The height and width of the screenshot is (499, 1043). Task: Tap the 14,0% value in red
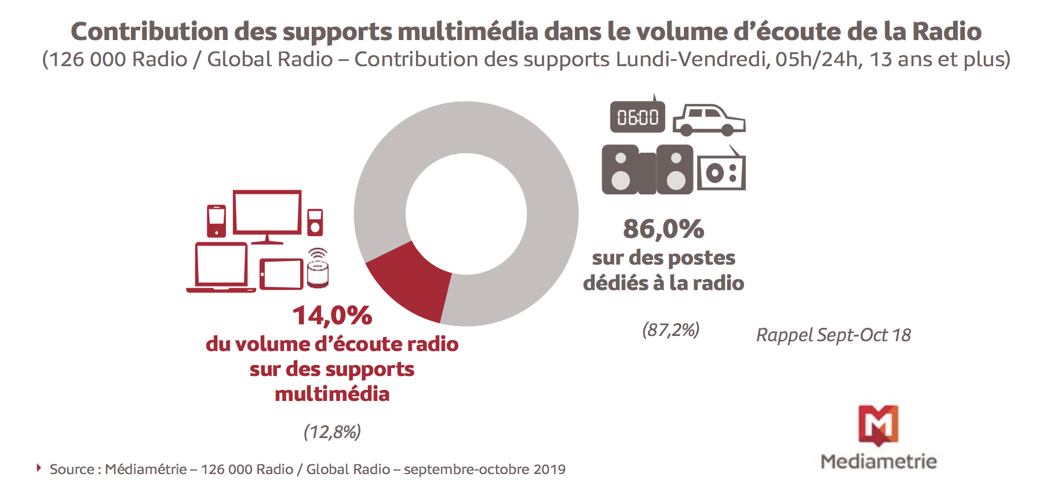point(332,316)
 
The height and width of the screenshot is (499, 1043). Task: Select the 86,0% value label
point(663,229)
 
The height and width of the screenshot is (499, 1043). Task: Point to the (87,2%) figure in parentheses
point(670,330)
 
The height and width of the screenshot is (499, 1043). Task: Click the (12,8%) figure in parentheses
point(332,432)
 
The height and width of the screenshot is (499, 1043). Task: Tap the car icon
point(709,119)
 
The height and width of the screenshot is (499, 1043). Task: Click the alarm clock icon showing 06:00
point(637,117)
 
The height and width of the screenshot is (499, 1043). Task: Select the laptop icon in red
point(221,267)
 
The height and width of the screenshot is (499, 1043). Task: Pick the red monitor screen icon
point(267,215)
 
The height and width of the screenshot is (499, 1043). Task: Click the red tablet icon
point(282,274)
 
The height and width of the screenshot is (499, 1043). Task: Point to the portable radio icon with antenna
point(721,171)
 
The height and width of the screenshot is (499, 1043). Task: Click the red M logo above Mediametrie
point(878,425)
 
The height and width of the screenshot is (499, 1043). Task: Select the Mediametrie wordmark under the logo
point(878,461)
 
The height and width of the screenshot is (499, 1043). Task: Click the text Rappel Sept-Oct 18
point(833,335)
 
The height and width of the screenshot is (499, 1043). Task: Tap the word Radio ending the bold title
point(947,31)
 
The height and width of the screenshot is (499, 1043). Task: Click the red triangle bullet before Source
point(39,468)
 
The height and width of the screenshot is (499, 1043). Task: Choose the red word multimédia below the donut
point(332,394)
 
